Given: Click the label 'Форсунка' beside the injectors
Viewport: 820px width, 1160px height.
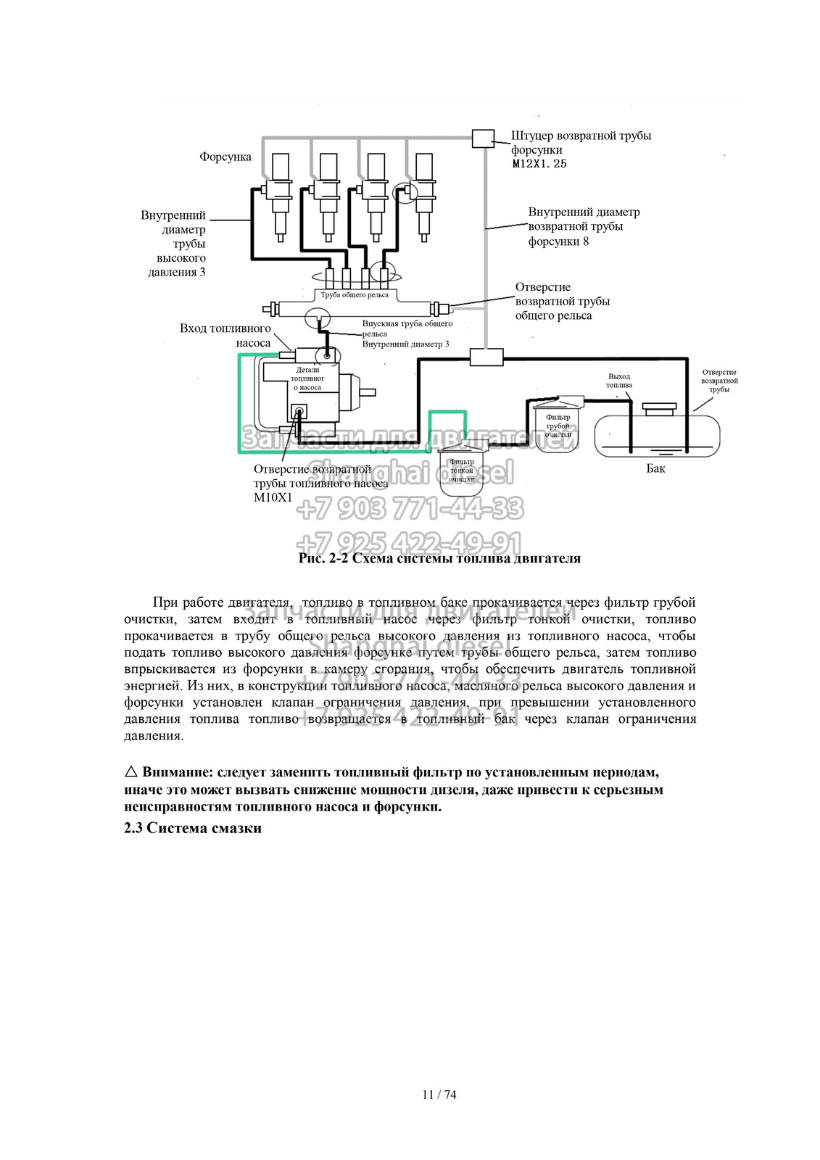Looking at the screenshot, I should coord(225,157).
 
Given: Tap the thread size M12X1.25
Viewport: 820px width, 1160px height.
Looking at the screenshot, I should coord(539,164).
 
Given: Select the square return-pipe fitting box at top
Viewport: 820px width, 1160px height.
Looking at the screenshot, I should coord(483,138).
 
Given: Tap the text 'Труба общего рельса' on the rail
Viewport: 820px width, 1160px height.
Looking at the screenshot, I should coord(355,295).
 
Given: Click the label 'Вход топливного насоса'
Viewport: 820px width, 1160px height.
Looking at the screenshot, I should coord(225,336).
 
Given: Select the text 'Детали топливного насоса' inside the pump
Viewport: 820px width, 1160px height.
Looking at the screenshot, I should coord(307,378).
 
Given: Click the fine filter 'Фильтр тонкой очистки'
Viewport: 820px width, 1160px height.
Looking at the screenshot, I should coord(461,471).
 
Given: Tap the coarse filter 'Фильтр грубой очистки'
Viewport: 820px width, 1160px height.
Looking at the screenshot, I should coord(557,426).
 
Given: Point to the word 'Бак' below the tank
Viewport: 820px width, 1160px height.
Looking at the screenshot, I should coord(655,468).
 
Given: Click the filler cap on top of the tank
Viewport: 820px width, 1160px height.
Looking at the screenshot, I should coord(659,410).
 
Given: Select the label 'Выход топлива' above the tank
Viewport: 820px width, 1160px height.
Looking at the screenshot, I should coord(619,381).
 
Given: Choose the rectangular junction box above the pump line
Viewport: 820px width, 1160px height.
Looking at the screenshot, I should coord(486,357).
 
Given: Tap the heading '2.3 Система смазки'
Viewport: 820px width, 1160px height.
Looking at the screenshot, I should coord(193,827).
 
